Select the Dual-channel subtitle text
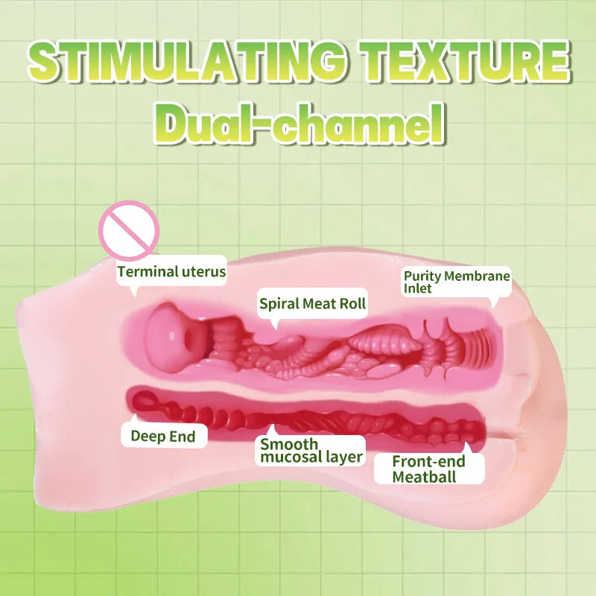click(x=299, y=124)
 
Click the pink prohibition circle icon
click(x=129, y=231)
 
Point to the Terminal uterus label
click(x=171, y=272)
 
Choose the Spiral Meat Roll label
click(x=312, y=304)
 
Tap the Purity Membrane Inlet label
click(x=457, y=282)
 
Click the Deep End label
click(x=163, y=436)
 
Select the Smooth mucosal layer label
click(x=311, y=451)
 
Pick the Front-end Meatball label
click(x=429, y=469)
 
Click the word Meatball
click(x=424, y=476)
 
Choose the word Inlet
click(x=418, y=288)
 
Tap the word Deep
click(x=149, y=437)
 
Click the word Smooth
click(x=289, y=444)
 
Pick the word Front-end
click(x=429, y=461)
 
